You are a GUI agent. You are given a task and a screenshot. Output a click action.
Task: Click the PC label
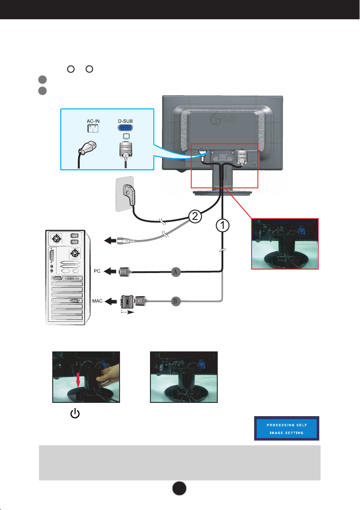pyautogui.click(x=98, y=271)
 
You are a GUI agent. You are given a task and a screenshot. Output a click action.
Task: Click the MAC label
pyautogui.click(x=97, y=301)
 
